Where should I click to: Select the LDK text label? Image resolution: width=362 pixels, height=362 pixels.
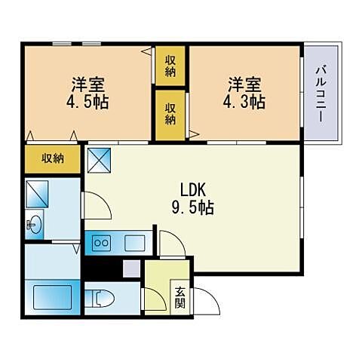[192, 189]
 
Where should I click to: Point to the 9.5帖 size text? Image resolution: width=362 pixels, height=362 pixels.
[192, 207]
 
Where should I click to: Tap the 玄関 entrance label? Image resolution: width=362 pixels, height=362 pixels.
[180, 298]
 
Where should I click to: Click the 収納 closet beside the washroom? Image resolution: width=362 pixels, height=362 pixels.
[52, 158]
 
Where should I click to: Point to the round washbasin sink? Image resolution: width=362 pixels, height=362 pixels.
[34, 225]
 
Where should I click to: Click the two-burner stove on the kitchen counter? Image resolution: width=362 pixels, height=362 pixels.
[100, 243]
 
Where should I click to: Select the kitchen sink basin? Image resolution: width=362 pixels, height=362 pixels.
[135, 243]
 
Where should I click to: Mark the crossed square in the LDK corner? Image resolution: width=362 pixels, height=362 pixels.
[99, 159]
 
